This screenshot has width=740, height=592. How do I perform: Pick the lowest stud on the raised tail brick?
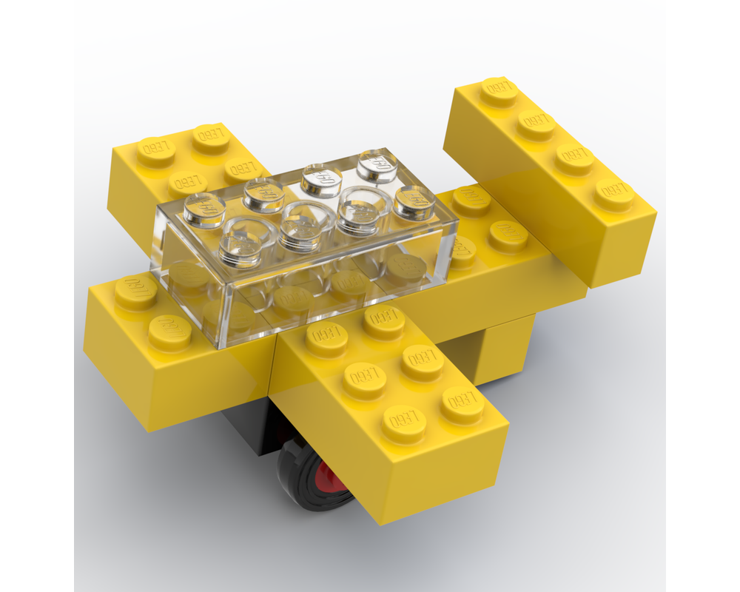613,194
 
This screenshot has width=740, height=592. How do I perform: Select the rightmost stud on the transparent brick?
414,201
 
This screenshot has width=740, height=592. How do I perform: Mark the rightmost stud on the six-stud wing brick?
462,404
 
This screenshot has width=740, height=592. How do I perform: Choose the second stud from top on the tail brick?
536,124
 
